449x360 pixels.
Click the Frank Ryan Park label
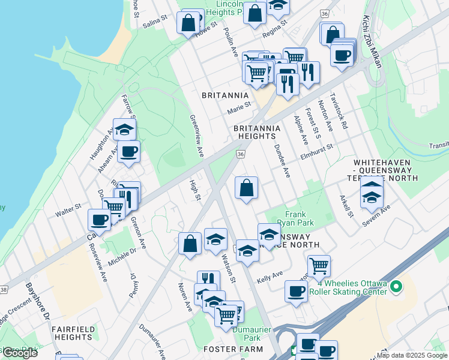pos(295,218)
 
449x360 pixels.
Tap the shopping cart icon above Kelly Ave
pos(319,265)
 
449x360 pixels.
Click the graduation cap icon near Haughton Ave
pos(124,130)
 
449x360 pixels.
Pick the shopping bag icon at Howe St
pos(188,24)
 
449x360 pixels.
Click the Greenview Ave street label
pos(197,137)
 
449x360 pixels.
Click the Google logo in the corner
pos(20,353)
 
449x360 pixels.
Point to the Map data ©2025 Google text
pos(412,355)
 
